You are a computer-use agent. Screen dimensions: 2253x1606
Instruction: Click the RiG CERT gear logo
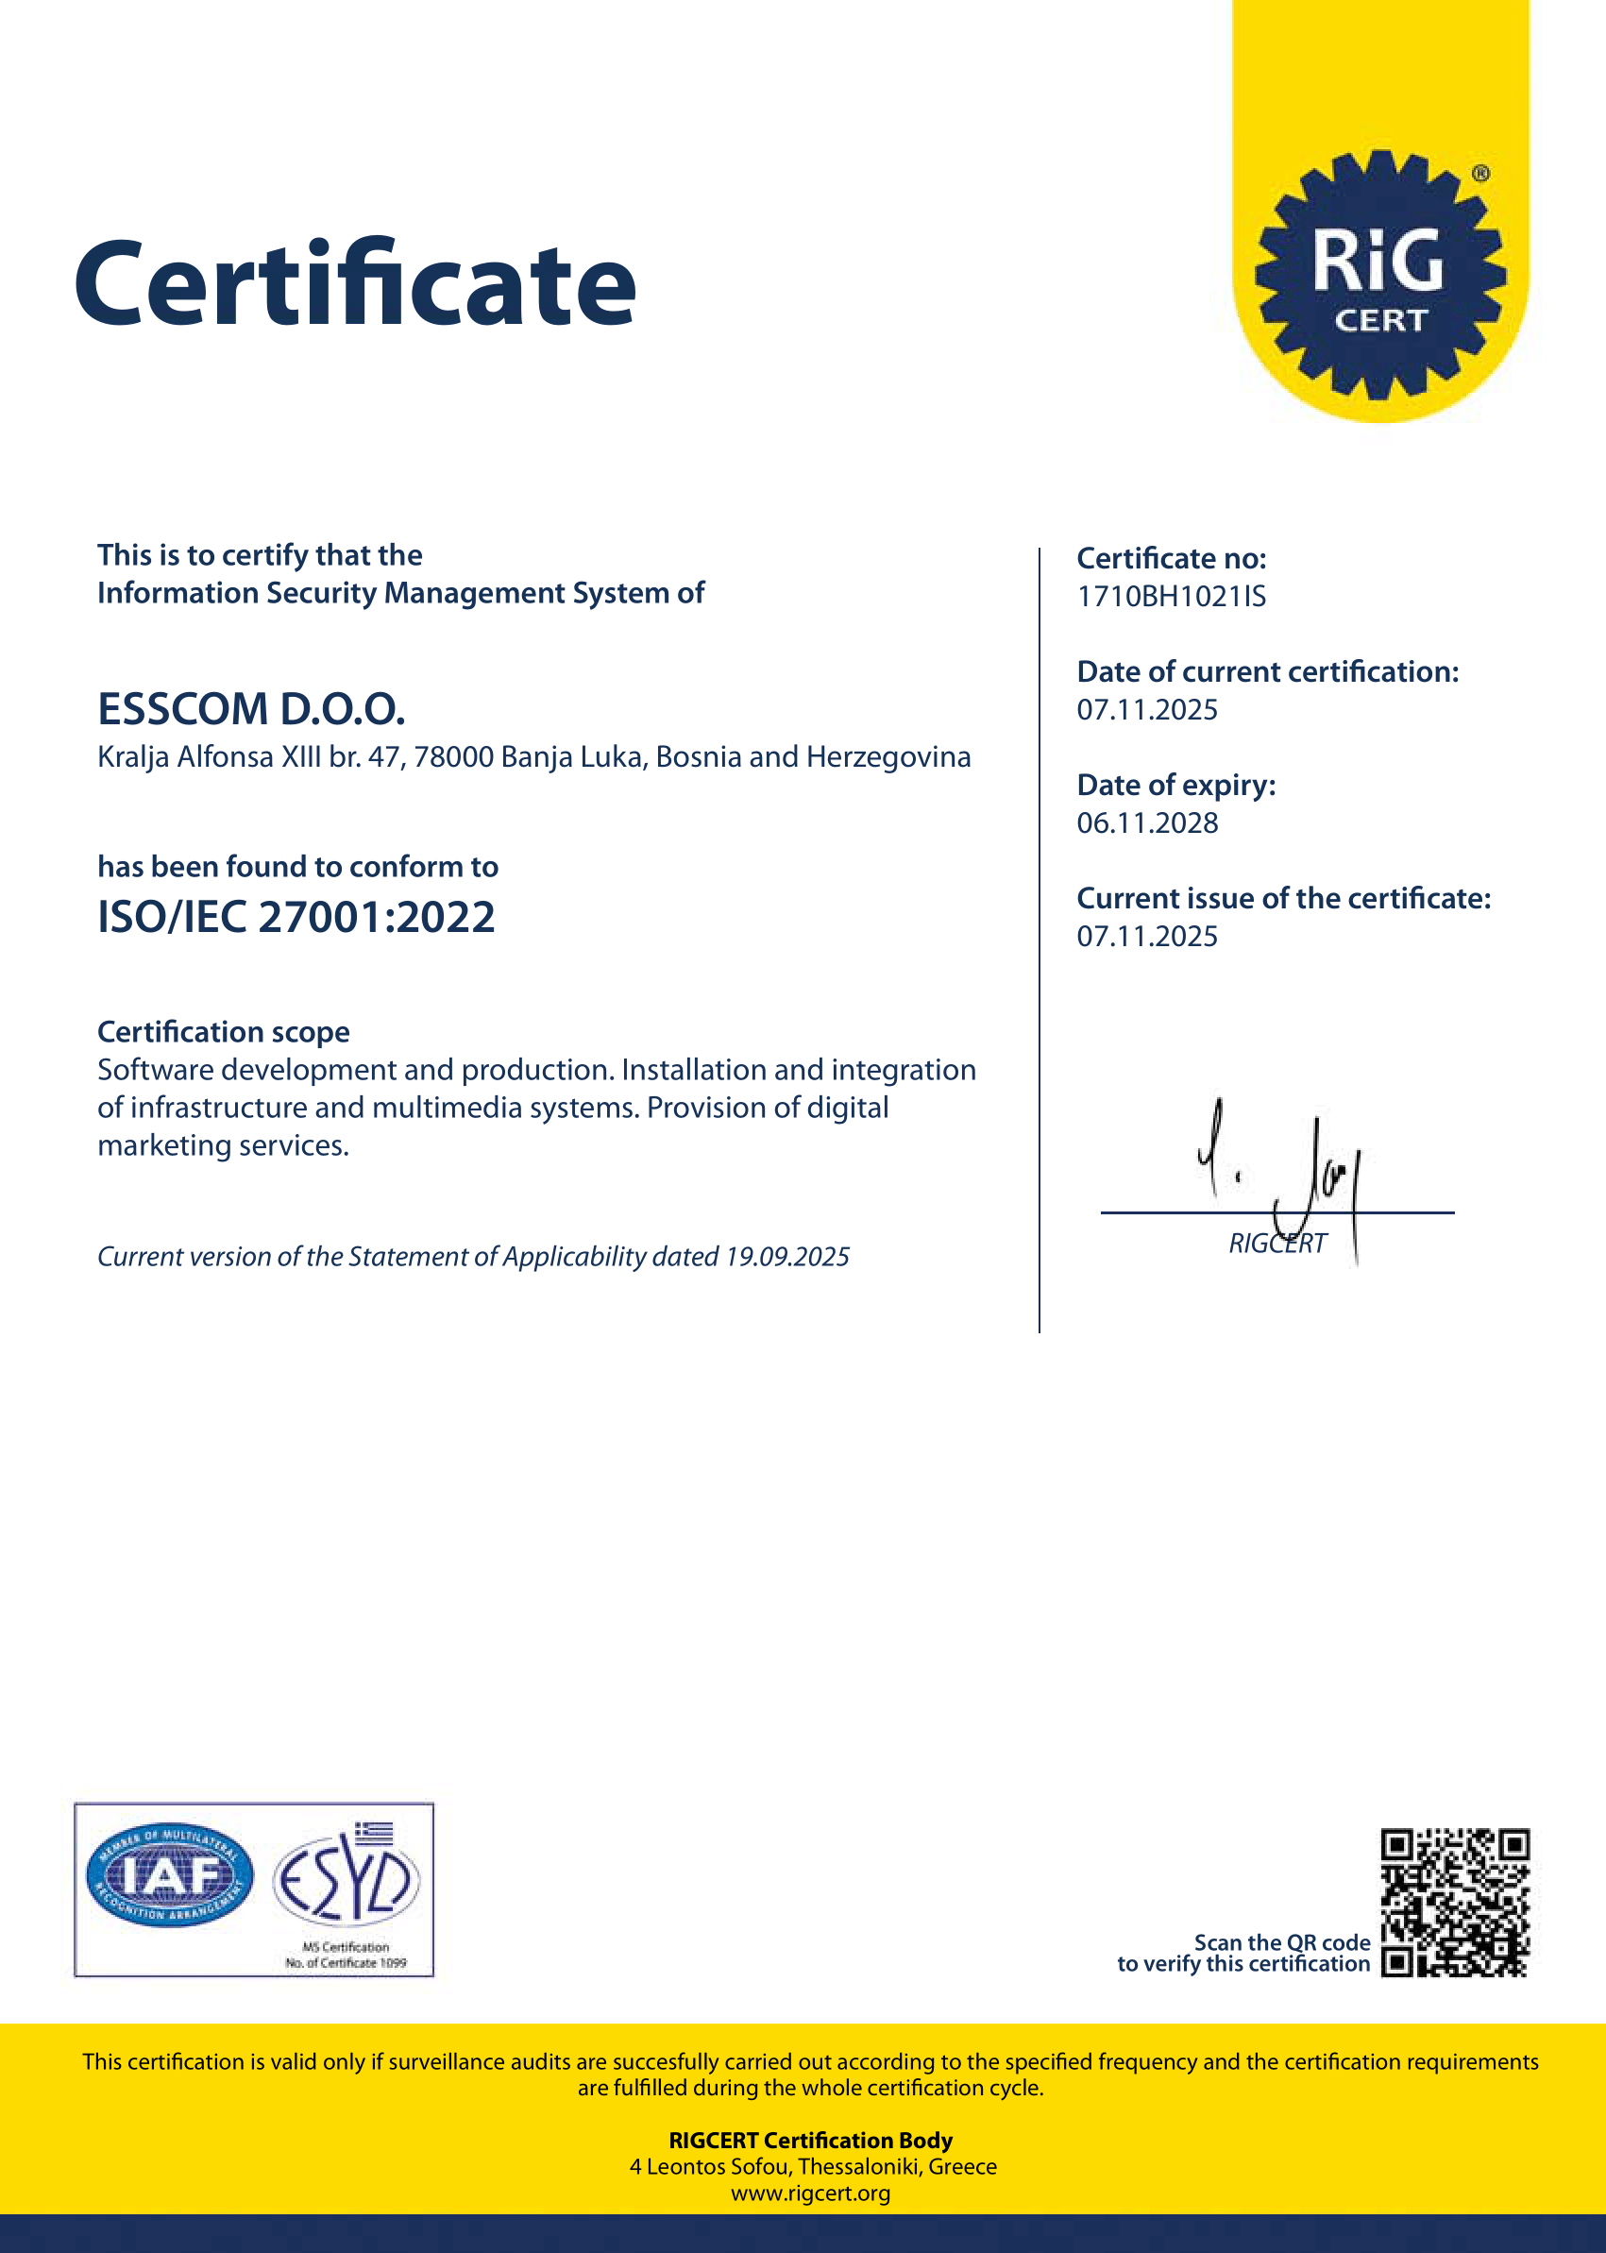[1379, 275]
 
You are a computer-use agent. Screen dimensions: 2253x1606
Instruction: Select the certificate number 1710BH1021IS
[1171, 598]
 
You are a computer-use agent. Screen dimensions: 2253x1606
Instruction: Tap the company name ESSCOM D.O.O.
[251, 709]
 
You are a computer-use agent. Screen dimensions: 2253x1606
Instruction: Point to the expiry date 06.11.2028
[1147, 823]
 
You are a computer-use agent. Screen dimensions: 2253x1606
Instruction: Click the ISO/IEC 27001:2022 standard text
[296, 918]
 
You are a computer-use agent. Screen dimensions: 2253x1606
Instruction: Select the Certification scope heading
[224, 1032]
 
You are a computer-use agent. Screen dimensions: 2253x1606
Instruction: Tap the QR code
[1455, 1903]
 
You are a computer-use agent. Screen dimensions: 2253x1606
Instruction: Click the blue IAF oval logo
[170, 1875]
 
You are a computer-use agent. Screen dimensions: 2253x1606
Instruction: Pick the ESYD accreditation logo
[347, 1879]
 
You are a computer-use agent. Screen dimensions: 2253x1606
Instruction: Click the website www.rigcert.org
[810, 2193]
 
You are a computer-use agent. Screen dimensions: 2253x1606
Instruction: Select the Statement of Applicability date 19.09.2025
[787, 1257]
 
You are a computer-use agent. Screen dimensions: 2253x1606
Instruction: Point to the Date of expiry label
[1175, 786]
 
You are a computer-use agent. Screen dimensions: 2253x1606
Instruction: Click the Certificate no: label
[1171, 559]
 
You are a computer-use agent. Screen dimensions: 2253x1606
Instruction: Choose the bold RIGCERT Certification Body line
[810, 2141]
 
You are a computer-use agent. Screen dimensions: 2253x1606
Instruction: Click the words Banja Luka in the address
[571, 757]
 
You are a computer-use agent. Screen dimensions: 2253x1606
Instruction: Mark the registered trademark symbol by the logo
[1480, 174]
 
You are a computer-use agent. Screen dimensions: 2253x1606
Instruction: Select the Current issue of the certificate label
[1282, 899]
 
